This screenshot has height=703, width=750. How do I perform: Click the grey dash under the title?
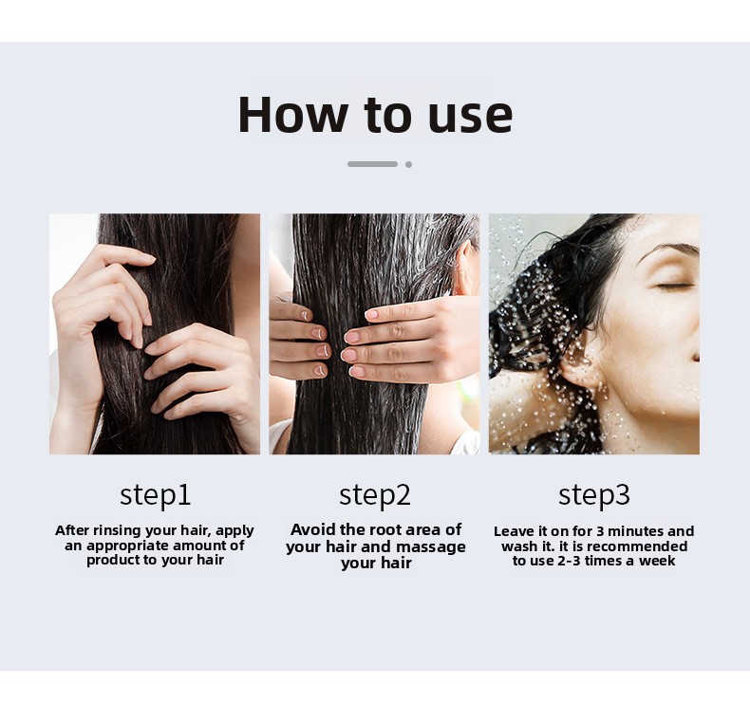[372, 164]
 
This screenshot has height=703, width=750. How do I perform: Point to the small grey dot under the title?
[408, 164]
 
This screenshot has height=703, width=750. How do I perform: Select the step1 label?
[156, 495]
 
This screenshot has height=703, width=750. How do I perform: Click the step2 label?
[375, 495]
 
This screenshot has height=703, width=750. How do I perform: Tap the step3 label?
[594, 495]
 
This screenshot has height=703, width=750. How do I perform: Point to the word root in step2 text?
[381, 530]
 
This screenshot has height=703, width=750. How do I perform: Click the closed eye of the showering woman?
[673, 287]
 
